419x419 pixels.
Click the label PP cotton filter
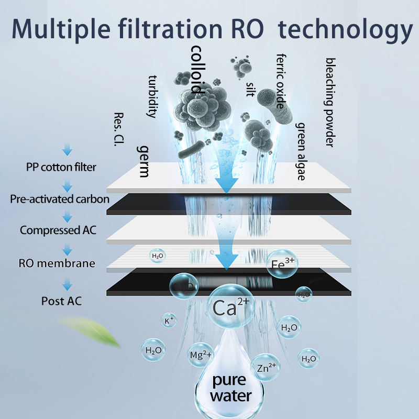[x=61, y=167]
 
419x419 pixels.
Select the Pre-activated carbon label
[x=60, y=199]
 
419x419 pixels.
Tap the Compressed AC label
[x=58, y=230]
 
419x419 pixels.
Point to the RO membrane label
[x=57, y=263]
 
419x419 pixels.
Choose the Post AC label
[x=61, y=301]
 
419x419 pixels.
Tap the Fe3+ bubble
[x=282, y=264]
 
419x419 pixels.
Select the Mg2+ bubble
[x=201, y=355]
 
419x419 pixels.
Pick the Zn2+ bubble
[x=266, y=367]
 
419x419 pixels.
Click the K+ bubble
[x=169, y=320]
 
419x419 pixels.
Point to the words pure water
[x=230, y=388]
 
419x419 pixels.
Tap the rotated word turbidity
[x=153, y=96]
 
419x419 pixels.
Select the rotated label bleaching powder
[x=330, y=102]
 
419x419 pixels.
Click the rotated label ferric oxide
[x=281, y=81]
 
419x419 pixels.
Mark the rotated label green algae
[x=301, y=151]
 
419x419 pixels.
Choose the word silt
[x=250, y=89]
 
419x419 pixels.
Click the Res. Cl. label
[x=119, y=129]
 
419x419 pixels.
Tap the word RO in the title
[x=247, y=29]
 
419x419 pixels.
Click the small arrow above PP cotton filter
[x=68, y=150]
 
